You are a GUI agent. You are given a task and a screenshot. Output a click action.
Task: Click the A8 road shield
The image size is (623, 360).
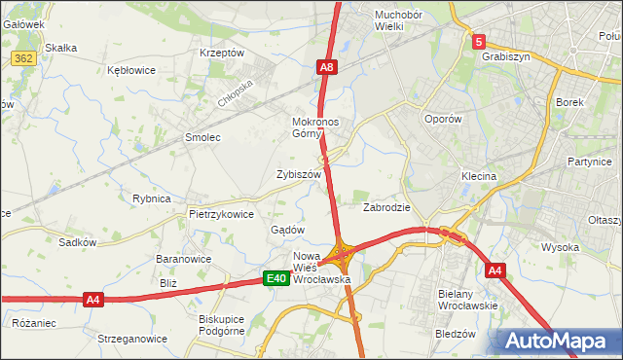pyautogui.click(x=328, y=67)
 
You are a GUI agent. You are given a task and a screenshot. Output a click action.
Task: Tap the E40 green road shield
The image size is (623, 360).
pyautogui.click(x=276, y=279)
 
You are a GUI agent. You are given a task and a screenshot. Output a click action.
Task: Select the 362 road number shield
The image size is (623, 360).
pyautogui.click(x=23, y=59)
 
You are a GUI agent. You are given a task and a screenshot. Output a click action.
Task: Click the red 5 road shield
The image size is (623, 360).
pyautogui.click(x=479, y=42)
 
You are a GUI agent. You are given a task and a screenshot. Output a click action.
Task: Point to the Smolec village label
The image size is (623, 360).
pyautogui.click(x=203, y=138)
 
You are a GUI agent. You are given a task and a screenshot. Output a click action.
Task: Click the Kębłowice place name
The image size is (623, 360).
pyautogui.click(x=132, y=70)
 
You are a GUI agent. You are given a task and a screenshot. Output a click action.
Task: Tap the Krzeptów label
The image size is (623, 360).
pyautogui.click(x=221, y=53)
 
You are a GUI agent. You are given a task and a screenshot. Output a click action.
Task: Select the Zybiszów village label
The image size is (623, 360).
pyautogui.click(x=299, y=174)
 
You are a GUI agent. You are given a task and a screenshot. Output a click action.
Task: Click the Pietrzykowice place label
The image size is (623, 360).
pyautogui.click(x=221, y=214)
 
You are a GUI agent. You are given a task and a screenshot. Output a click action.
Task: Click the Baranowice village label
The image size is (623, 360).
pyautogui.click(x=184, y=260)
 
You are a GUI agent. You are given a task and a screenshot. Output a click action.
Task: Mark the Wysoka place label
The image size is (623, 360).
pyautogui.click(x=560, y=247)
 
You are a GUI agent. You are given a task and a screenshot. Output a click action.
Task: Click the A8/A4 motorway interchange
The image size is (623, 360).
pyautogui.click(x=342, y=256)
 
